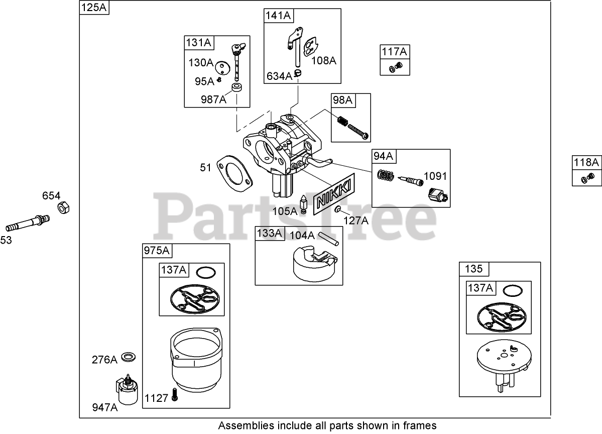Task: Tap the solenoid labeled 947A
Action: (x=125, y=389)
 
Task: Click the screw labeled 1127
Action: (x=174, y=395)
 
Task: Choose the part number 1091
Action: (x=435, y=176)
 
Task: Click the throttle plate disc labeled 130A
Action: (x=222, y=67)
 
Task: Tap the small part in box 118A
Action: (x=587, y=177)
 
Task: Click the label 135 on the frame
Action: (x=473, y=269)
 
